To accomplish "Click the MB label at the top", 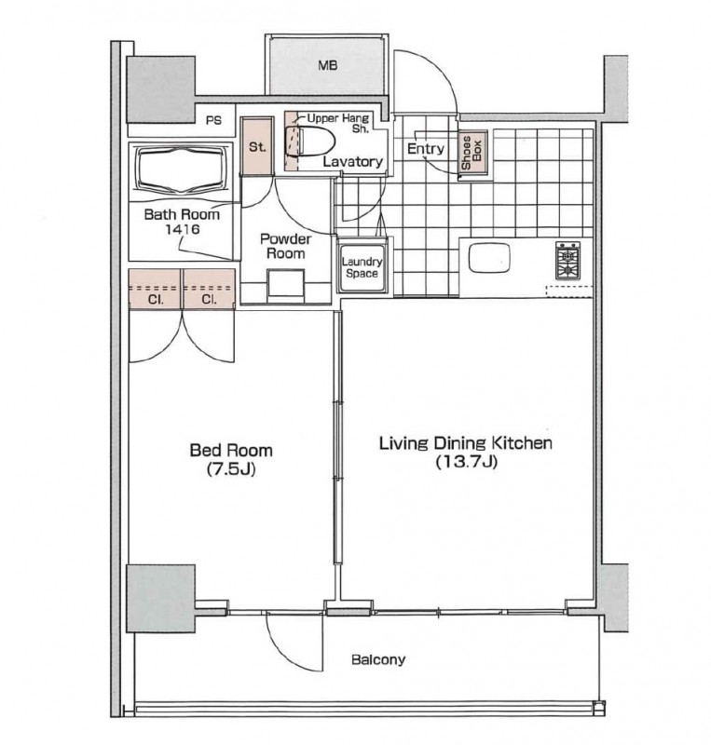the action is (x=328, y=65).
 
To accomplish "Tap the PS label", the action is (x=213, y=121).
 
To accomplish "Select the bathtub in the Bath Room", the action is (x=180, y=170).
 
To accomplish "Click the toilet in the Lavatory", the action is (x=310, y=142).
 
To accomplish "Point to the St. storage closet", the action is (x=257, y=146).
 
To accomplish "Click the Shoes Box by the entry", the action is (x=472, y=153).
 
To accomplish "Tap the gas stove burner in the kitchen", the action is (x=567, y=261).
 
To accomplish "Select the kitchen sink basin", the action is (x=489, y=258).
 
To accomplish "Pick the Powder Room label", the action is (x=285, y=246).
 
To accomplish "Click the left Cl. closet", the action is (x=155, y=290).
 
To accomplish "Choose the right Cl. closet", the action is (x=209, y=290).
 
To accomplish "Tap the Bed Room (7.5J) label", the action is (x=231, y=459).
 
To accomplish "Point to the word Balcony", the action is (x=378, y=659).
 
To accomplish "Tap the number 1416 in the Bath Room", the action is (x=182, y=229).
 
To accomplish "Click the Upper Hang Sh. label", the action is (x=338, y=123).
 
